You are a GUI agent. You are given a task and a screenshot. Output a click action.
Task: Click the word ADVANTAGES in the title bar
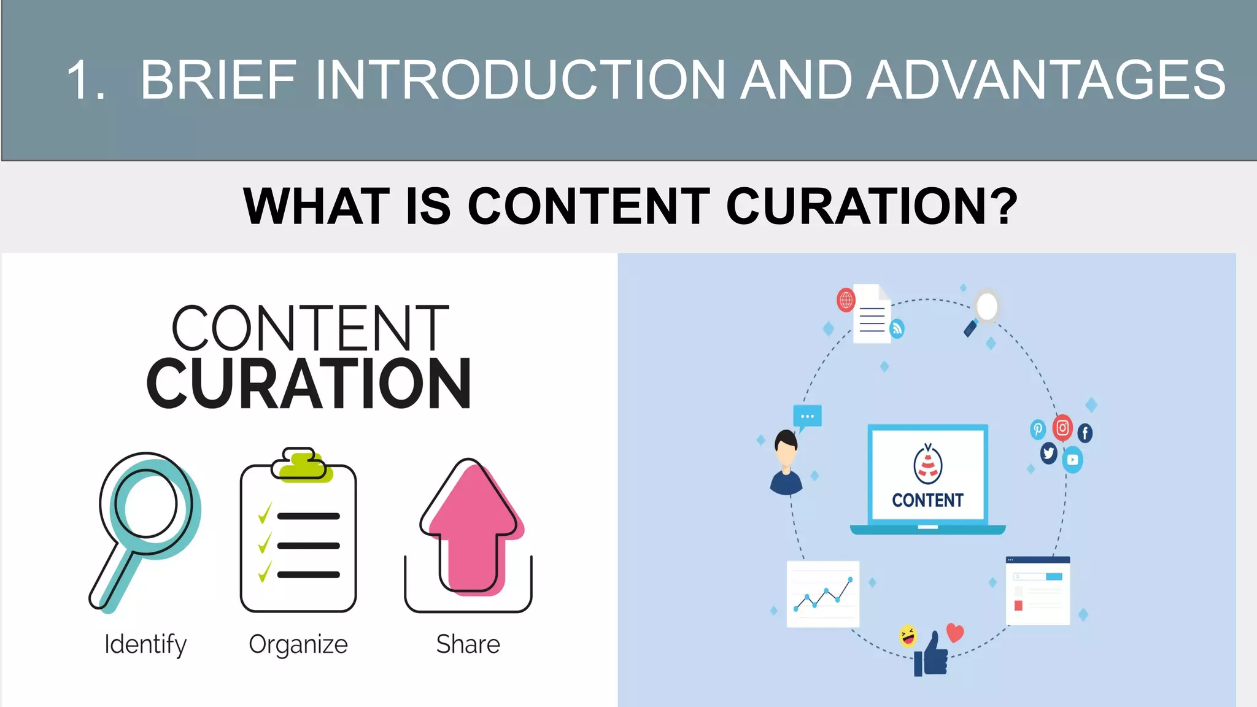1046,80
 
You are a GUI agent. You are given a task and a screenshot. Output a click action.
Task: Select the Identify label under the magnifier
145,644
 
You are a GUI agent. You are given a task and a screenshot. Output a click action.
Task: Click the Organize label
298,644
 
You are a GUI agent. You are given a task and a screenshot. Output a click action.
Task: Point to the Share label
468,644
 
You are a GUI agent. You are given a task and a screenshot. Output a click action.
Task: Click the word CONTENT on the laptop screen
927,500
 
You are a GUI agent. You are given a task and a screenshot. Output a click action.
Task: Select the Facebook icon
1085,433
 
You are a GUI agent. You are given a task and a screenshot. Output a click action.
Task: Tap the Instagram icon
1062,428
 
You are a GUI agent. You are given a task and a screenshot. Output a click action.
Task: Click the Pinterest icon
1037,429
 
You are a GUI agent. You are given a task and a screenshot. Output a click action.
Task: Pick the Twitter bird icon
1048,454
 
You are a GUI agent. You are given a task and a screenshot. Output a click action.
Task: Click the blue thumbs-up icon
932,655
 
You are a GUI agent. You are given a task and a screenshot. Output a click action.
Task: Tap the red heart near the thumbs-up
955,632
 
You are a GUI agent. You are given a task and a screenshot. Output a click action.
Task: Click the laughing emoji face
908,635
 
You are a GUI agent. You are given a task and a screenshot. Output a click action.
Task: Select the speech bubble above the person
807,417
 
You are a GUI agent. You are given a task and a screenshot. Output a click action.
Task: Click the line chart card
823,593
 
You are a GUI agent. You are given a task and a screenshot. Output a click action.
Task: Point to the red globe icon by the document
846,300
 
